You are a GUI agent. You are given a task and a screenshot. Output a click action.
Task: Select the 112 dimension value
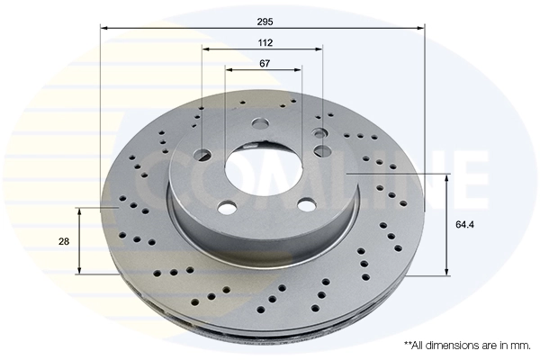click(x=263, y=41)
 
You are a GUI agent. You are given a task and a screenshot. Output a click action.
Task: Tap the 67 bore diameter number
click(x=264, y=63)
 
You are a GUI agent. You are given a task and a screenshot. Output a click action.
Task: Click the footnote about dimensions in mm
click(x=466, y=345)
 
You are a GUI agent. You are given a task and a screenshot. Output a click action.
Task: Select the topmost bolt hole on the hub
click(x=261, y=124)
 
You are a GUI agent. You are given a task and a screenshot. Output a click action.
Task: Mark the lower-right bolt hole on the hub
click(x=306, y=204)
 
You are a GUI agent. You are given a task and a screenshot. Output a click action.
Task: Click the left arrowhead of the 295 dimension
click(x=103, y=29)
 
